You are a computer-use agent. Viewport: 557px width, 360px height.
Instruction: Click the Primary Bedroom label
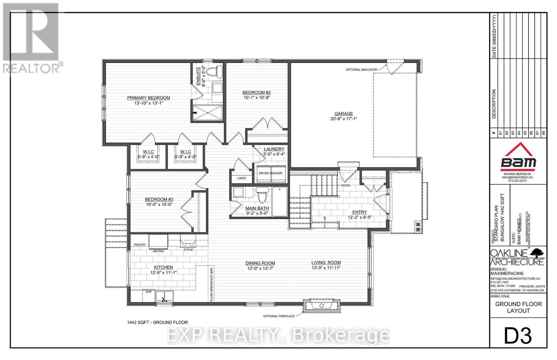tap(148, 98)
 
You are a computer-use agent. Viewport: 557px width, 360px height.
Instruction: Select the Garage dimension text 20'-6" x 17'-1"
tap(344, 119)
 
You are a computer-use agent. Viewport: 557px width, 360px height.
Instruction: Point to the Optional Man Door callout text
tap(361, 70)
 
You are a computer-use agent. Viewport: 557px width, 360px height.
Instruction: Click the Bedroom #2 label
tap(257, 93)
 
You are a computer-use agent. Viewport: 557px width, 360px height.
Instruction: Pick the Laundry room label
tap(274, 149)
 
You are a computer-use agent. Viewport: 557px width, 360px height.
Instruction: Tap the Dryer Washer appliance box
tap(270, 173)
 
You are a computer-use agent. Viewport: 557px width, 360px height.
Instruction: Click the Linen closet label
tap(242, 178)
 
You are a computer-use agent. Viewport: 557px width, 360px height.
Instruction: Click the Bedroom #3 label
tap(159, 199)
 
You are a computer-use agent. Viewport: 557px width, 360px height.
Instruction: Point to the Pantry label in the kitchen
tap(140, 245)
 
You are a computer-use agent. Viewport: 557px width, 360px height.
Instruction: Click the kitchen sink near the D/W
tap(164, 297)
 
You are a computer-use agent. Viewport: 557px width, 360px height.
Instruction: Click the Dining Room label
tap(260, 263)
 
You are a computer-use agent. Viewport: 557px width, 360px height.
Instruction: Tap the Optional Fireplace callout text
tap(279, 316)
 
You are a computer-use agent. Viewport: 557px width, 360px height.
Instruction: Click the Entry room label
tap(360, 212)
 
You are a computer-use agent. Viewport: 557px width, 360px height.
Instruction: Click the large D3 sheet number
tap(518, 336)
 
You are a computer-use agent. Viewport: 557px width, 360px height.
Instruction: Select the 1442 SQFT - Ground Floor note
tap(157, 322)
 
